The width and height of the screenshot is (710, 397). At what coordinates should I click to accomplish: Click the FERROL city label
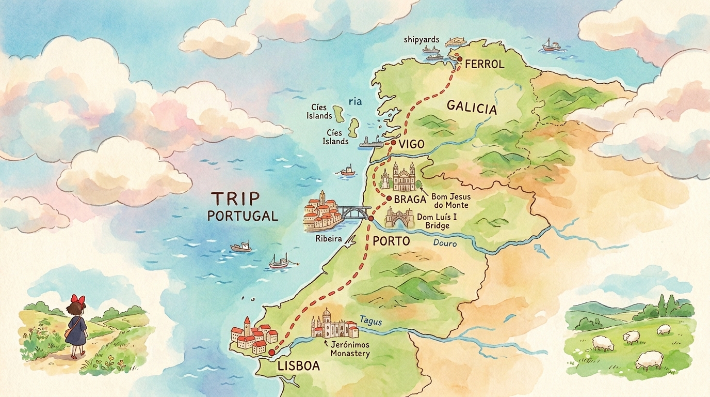pos(484,65)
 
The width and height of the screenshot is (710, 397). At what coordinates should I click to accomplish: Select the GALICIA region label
pos(472,108)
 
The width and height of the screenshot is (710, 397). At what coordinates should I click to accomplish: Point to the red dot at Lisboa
pos(271,352)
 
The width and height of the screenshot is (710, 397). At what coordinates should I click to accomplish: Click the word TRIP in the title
pos(233,197)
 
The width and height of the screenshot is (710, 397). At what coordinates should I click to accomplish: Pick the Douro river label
pos(445,242)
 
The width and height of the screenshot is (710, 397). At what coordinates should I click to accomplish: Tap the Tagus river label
pos(372,320)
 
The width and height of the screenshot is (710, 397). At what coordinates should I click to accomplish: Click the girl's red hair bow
pos(78,299)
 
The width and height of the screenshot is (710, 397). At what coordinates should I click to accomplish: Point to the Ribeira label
pos(329,239)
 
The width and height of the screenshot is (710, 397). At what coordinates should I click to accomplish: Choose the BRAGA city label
pos(409,199)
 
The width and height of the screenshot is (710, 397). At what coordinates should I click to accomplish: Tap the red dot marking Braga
pos(389,198)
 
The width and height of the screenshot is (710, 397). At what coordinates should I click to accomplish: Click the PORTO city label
pos(391,241)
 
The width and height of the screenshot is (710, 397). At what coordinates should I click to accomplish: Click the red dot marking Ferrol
pos(459,59)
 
